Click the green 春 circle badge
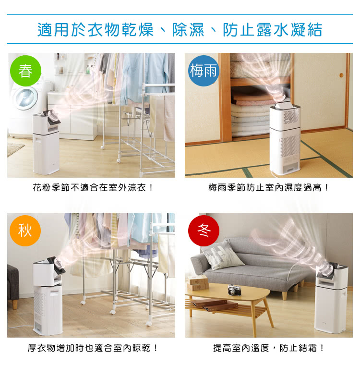[25, 71]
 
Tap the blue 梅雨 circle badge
[204, 71]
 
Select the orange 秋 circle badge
[25, 231]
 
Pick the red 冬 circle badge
[204, 231]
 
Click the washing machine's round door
[25, 98]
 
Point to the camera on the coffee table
[234, 290]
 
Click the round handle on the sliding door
[342, 75]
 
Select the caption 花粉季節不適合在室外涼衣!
[93, 187]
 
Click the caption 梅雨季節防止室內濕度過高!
[268, 187]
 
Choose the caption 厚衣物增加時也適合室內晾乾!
[93, 348]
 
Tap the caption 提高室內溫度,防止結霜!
[268, 348]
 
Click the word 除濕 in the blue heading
[188, 30]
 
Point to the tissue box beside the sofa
[197, 282]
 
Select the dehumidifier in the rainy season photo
[285, 139]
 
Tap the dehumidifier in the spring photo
[46, 142]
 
